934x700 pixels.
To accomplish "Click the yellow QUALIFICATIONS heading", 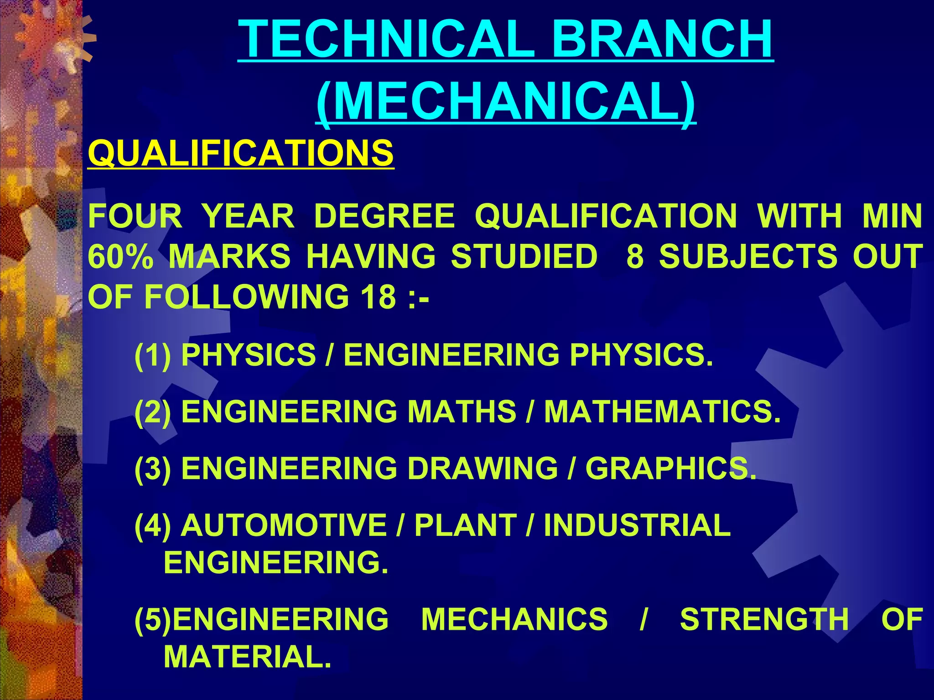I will [241, 153].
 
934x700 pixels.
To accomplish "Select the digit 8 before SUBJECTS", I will [635, 256].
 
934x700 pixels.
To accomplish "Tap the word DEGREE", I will [384, 216].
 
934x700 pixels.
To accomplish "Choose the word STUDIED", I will [524, 256].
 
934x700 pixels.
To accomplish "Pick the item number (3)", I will [153, 468].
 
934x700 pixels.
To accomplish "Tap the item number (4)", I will [153, 525].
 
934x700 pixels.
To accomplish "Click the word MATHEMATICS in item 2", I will [662, 412].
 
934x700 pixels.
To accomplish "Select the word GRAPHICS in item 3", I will [670, 468].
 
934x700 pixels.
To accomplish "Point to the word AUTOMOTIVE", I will [284, 525].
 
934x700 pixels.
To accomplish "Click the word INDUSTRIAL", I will [637, 525].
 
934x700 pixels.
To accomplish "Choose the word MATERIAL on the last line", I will [247, 657].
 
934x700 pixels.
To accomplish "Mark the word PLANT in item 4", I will [466, 525].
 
